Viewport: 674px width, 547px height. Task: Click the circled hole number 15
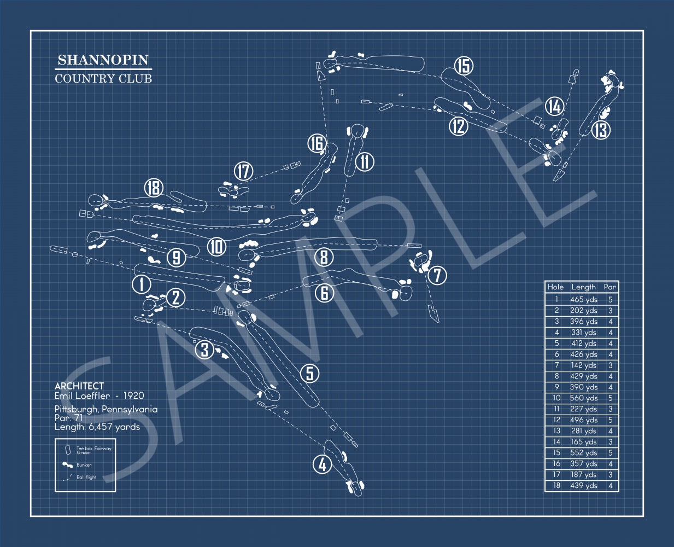pos(464,66)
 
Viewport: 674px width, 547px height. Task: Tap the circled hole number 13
pos(600,130)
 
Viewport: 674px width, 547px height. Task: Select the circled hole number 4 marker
pos(323,464)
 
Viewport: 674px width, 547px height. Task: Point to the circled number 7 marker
pos(437,275)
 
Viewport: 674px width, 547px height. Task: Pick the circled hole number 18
pos(154,188)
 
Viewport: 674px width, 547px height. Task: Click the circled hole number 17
pos(243,171)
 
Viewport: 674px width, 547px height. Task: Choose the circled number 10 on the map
pos(217,247)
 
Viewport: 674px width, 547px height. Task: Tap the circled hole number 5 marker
pos(310,373)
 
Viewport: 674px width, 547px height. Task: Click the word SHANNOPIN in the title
pos(103,60)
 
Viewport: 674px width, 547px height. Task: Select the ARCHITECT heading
pos(79,386)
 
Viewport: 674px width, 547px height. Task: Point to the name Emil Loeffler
pos(85,395)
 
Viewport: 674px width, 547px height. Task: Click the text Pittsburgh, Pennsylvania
pos(106,409)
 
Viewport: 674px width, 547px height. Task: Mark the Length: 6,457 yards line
pos(97,427)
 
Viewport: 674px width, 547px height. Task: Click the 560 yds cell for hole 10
pos(583,398)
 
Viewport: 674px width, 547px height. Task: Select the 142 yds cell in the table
pos(583,365)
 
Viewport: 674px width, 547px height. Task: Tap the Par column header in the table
pos(610,287)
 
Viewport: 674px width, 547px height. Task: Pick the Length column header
pos(583,287)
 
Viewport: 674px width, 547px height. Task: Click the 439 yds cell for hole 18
pos(583,486)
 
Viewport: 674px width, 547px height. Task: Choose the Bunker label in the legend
pos(84,465)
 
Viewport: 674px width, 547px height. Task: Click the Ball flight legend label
pos(86,478)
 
